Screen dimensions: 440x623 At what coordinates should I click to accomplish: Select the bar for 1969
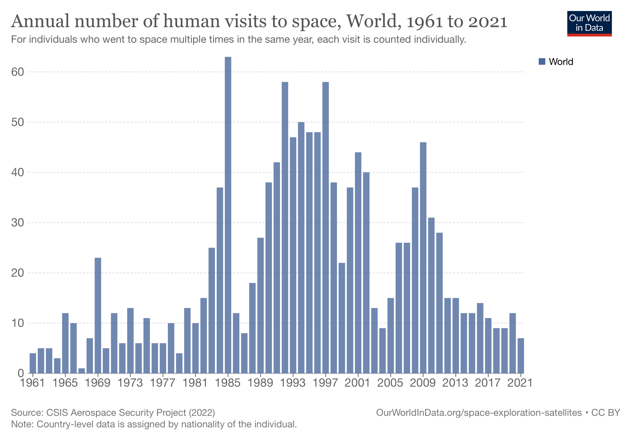(98, 315)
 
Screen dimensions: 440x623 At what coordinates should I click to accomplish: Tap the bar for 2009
(423, 258)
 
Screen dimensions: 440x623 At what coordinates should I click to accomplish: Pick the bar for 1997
(326, 228)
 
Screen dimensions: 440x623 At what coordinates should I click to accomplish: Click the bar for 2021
(521, 356)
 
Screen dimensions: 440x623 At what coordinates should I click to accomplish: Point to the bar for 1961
(33, 363)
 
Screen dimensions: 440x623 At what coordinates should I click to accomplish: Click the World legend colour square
(542, 61)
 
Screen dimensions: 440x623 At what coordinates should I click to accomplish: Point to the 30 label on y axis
(18, 223)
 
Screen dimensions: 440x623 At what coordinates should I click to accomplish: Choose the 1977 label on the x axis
(163, 383)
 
